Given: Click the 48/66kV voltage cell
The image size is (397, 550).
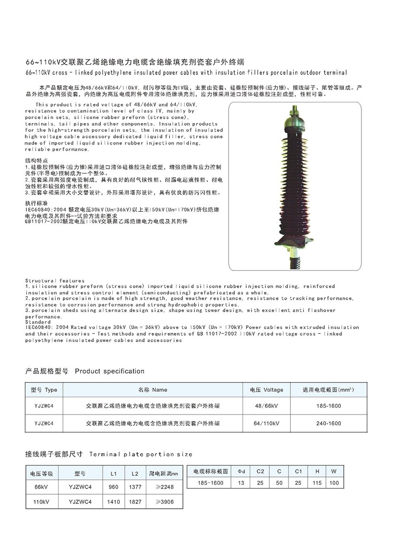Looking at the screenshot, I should [x=266, y=406].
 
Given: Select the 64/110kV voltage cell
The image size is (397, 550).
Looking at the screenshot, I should [x=266, y=424].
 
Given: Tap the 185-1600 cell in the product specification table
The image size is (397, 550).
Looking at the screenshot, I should [x=329, y=406].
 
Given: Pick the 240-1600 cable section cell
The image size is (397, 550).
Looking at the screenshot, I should [x=329, y=424].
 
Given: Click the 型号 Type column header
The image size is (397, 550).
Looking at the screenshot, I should [x=44, y=390].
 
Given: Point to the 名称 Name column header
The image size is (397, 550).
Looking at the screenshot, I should [x=153, y=390].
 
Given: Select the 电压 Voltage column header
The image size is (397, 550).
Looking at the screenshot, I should [x=266, y=390].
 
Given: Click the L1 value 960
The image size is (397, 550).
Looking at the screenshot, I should [x=114, y=487].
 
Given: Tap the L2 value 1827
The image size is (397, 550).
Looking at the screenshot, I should [x=136, y=502].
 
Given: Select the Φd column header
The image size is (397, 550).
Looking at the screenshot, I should [x=241, y=472].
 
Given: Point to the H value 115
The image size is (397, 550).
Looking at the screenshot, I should [x=317, y=483].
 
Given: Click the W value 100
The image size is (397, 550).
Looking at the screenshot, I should [x=335, y=483].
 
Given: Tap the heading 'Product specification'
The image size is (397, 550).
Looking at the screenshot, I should [x=109, y=371].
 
